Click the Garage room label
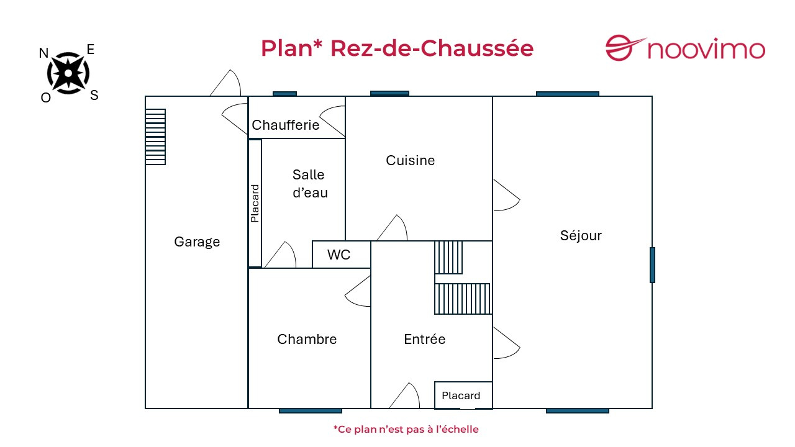coord(197,242)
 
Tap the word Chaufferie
coord(285,125)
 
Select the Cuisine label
coord(410,160)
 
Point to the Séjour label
coord(581,235)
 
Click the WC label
coord(338,255)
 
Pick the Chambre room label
coord(307,339)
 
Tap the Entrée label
coord(424,339)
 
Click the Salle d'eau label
coord(309,184)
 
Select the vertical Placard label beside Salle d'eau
coord(255,204)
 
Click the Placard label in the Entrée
coord(461,395)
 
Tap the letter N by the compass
coord(43,53)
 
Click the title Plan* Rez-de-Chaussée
coord(397,48)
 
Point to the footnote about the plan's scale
coord(406,429)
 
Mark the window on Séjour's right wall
coord(652,265)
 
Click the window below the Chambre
coord(310,410)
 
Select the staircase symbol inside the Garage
coord(155,137)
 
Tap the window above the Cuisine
coord(389,93)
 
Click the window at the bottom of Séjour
coord(577,410)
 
